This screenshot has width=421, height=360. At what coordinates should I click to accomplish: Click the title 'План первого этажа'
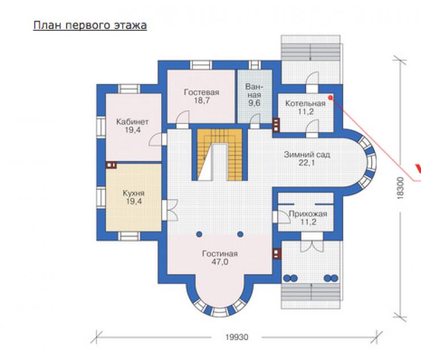90,25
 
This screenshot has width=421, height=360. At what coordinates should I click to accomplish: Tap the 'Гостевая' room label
201,92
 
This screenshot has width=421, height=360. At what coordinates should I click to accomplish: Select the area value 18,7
201,101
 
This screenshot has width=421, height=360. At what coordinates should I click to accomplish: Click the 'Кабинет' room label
133,122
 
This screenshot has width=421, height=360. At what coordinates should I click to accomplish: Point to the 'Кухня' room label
134,193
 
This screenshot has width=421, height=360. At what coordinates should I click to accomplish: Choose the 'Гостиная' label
220,254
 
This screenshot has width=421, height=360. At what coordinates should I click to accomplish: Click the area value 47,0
220,262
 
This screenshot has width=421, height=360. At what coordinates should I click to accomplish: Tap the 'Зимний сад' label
307,155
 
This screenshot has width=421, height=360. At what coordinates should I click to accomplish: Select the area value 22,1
307,163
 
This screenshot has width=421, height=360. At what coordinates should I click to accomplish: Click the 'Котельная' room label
306,104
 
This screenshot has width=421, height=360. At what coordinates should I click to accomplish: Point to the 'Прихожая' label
308,214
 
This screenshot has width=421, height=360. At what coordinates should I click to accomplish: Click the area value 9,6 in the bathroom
254,103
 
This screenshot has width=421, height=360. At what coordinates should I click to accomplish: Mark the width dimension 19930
237,337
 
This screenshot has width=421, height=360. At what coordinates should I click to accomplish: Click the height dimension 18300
400,188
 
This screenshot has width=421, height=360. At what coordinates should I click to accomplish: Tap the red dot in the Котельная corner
331,98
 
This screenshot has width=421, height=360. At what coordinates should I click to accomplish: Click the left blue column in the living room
199,234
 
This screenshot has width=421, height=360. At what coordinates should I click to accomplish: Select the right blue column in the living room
240,234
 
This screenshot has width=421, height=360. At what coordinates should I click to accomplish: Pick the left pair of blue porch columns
291,278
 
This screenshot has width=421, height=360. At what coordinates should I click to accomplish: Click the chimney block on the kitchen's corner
111,165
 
